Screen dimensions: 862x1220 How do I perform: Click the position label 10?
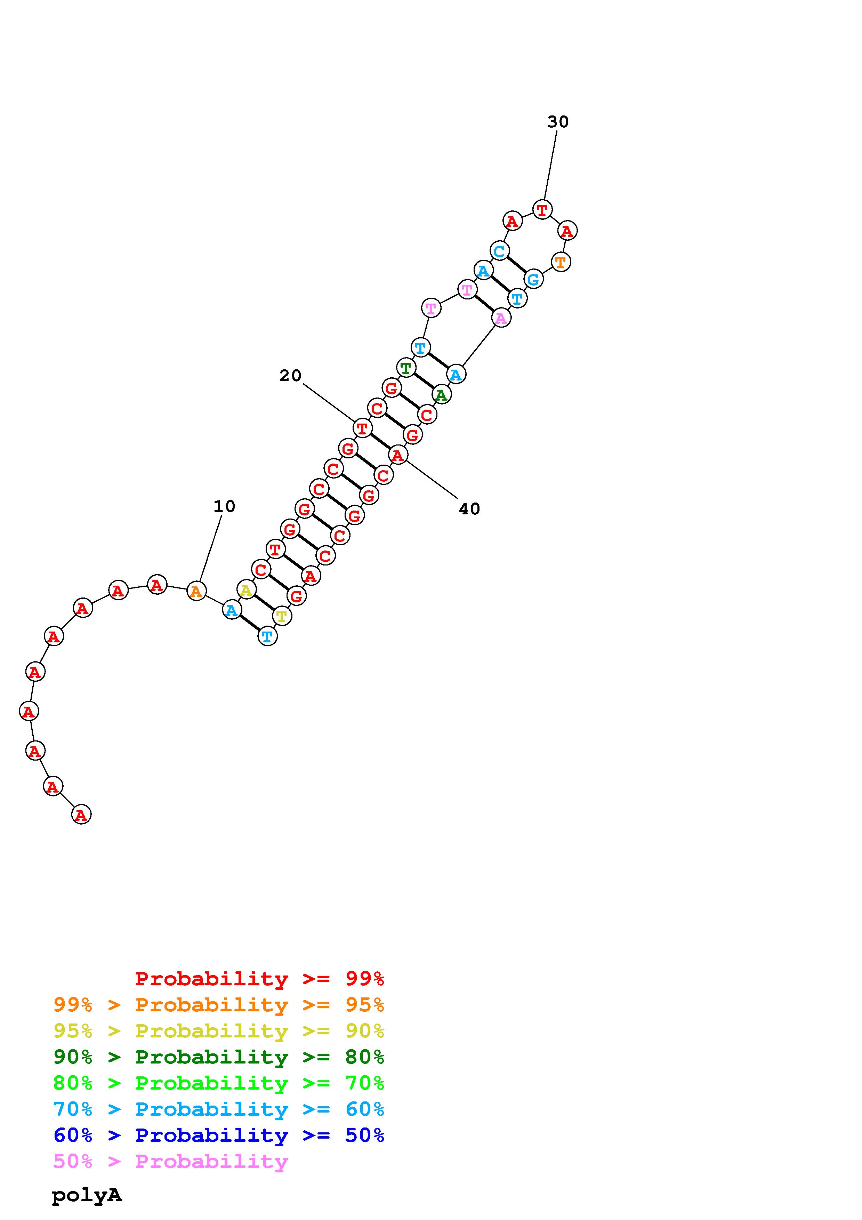coord(224,506)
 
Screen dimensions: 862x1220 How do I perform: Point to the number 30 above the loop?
coord(558,122)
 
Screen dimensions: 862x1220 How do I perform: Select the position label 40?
coord(469,509)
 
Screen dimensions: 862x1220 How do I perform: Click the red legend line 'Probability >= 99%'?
coord(260,979)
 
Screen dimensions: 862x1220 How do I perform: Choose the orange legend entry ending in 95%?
coord(219,1005)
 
